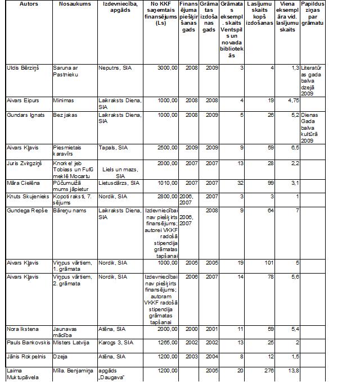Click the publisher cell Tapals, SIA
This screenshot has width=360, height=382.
pyautogui.click(x=113, y=148)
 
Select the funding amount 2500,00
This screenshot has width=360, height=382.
pyautogui.click(x=167, y=148)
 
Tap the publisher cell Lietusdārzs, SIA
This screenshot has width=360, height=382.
pyautogui.click(x=119, y=184)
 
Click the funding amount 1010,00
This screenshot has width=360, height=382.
pyautogui.click(x=167, y=184)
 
